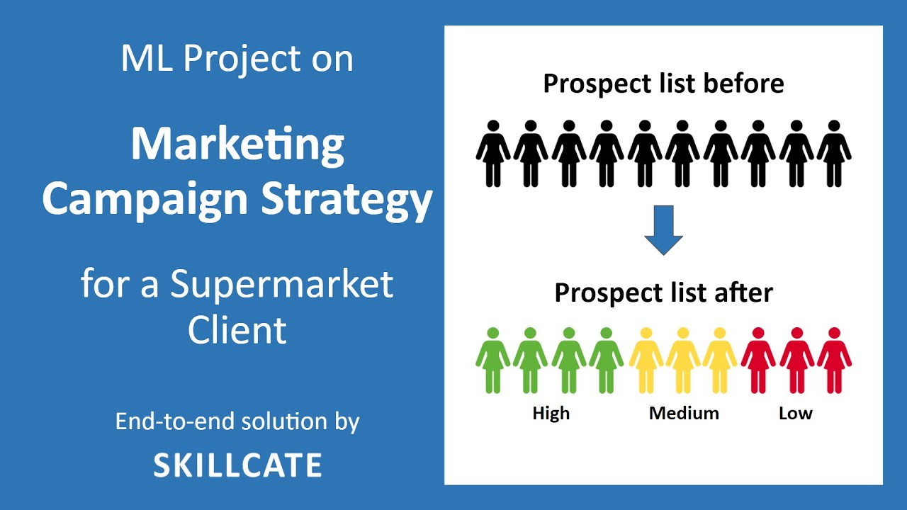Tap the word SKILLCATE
click(x=237, y=465)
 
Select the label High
click(x=551, y=413)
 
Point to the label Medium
click(x=684, y=413)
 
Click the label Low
click(x=795, y=413)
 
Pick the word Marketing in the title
click(x=237, y=144)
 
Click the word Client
click(x=237, y=330)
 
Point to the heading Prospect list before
click(x=663, y=84)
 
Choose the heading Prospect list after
click(x=663, y=293)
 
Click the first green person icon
click(x=493, y=360)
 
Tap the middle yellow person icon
click(x=683, y=360)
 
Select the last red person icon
click(x=834, y=360)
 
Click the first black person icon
click(x=493, y=153)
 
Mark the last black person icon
click(x=834, y=153)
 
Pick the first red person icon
click(x=758, y=360)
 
